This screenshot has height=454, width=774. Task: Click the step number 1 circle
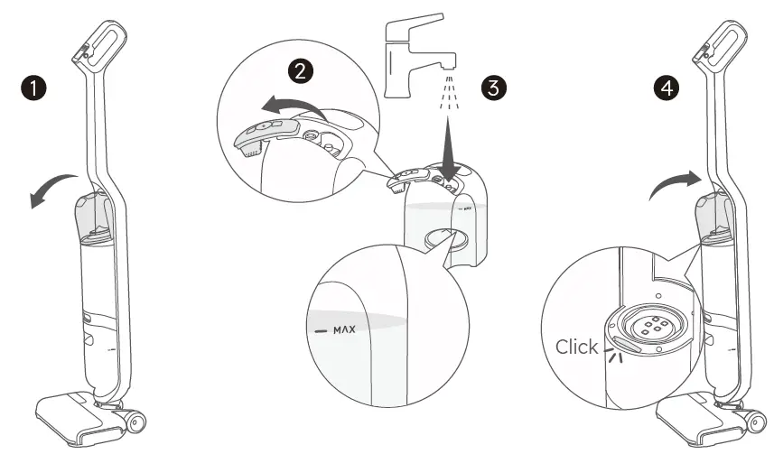click(34, 88)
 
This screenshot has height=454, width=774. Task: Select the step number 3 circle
click(494, 88)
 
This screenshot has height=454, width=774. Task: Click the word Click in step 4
click(576, 347)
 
